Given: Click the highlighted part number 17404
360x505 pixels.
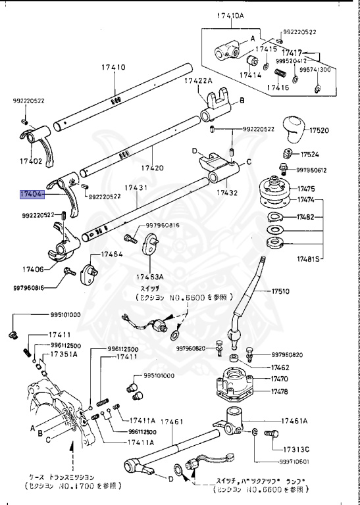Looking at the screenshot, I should [x=32, y=195].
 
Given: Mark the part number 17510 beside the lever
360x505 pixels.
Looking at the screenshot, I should [x=282, y=291].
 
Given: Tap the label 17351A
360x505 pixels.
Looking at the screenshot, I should [x=64, y=354].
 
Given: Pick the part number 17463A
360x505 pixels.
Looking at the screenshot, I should [x=151, y=277].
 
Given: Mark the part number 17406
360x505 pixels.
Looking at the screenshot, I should [x=34, y=269].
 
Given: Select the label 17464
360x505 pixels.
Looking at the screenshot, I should [x=112, y=254].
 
